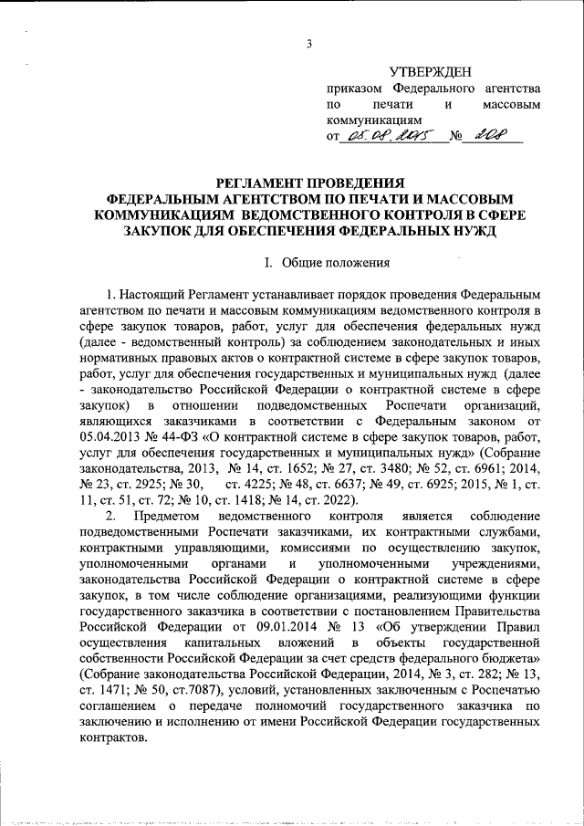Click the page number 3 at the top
[309, 46]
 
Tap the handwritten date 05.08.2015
[392, 137]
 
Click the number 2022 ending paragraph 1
[339, 500]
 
